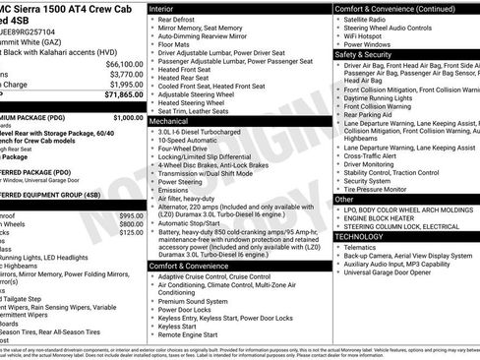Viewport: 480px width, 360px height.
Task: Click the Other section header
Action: pos(344,200)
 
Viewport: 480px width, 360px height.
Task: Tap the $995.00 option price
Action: pos(132,214)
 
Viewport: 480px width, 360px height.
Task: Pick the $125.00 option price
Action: pos(132,233)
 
